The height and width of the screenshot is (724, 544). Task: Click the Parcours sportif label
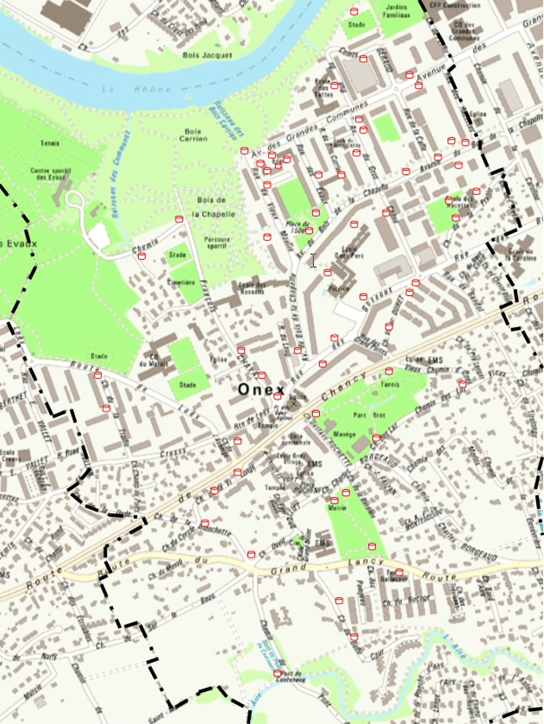coord(217,242)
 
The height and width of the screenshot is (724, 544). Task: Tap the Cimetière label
coord(181,283)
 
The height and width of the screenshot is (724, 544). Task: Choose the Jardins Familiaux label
coord(397,11)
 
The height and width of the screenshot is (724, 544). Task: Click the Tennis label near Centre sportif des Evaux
coord(50,143)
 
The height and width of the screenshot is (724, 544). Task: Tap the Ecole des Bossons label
coord(251,288)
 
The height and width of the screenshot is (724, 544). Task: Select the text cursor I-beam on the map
coord(313,261)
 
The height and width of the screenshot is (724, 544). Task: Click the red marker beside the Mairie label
coord(334,500)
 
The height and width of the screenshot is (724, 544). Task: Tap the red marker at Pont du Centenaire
coord(277,673)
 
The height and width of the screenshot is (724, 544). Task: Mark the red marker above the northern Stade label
coord(354,11)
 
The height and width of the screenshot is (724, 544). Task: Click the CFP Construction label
coord(455,5)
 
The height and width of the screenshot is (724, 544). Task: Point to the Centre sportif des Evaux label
coord(51,173)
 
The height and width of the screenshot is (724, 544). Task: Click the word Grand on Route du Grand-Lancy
coord(285,571)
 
